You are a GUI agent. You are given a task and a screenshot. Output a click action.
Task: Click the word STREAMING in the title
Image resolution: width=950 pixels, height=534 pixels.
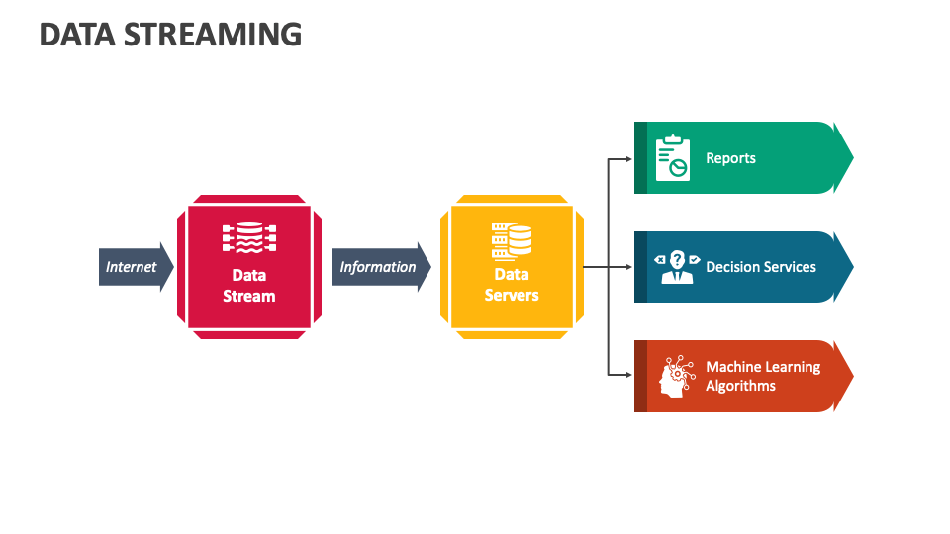[x=213, y=35]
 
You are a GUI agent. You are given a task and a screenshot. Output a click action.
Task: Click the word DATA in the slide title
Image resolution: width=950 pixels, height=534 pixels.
[x=77, y=35]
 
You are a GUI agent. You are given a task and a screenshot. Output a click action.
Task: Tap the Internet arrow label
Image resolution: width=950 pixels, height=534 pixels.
[x=131, y=267]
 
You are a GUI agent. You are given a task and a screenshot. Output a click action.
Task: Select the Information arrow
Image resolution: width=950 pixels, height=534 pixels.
[x=382, y=267]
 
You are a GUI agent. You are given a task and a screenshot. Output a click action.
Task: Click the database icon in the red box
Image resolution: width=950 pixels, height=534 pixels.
[x=249, y=237]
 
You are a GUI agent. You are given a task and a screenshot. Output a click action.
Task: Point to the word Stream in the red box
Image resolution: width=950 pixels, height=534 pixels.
[x=249, y=296]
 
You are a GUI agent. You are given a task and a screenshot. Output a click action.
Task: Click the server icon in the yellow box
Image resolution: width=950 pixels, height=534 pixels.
[x=512, y=241]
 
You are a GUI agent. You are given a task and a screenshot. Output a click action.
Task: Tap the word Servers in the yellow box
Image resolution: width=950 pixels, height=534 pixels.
[x=512, y=295]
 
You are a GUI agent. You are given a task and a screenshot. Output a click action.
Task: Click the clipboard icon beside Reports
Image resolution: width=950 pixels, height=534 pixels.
[x=673, y=158]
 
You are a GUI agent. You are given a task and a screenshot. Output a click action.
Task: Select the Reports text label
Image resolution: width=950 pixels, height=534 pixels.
[x=730, y=158]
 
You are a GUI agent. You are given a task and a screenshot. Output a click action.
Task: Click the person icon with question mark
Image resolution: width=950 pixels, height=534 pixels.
[x=677, y=267]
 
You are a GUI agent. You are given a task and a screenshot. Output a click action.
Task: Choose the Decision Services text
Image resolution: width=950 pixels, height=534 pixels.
[x=761, y=267]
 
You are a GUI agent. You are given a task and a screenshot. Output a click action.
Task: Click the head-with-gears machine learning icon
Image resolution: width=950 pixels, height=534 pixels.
[x=677, y=377]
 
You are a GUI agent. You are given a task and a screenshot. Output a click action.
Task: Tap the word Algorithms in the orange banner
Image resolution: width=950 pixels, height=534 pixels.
[x=740, y=387]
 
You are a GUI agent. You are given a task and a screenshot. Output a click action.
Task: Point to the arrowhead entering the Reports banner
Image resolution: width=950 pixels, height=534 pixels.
[x=629, y=159]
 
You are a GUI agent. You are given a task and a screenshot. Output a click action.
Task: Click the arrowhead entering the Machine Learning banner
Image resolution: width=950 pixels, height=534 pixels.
[x=629, y=375]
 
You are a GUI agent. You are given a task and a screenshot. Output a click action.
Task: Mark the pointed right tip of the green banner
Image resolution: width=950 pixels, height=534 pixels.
[x=853, y=157]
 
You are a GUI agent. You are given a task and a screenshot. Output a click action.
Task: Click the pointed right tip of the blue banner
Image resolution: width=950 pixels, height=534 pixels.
[x=853, y=266]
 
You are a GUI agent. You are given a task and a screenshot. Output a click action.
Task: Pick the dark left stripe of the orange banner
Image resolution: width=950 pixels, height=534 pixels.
[x=640, y=376]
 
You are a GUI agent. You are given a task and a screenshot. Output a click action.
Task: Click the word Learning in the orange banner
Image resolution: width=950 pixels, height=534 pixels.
[x=792, y=368]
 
